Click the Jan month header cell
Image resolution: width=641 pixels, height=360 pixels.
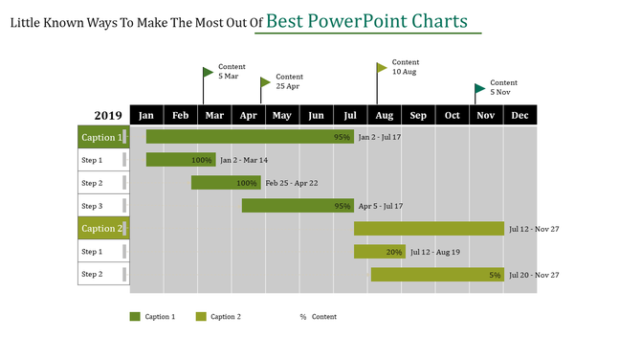pos(146,115)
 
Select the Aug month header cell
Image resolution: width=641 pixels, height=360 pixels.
pos(384,115)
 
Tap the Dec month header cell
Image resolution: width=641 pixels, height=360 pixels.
pos(519,115)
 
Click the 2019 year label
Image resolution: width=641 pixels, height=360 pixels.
pos(107,116)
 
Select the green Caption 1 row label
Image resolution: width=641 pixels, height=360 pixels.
pos(102,137)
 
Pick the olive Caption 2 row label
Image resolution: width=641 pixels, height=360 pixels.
pos(102,229)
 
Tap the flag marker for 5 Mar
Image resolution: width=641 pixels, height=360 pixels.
pos(208,72)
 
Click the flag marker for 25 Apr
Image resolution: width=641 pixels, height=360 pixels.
pos(265,82)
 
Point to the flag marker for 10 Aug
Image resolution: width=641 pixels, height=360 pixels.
pos(382,67)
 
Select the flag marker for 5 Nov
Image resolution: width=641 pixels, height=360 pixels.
pos(479,89)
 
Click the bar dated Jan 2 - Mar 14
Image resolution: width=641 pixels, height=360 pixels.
pos(180,160)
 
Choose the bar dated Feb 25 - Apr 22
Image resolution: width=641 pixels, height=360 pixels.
pos(225,183)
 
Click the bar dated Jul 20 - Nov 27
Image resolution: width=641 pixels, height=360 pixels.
pos(436,275)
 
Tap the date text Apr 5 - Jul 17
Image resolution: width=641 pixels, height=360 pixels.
pos(380,206)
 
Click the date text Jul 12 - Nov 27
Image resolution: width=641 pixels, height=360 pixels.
pos(534,229)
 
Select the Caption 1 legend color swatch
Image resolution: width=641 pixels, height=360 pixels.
pos(135,316)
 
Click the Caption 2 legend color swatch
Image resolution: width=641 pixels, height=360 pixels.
pos(201,316)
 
